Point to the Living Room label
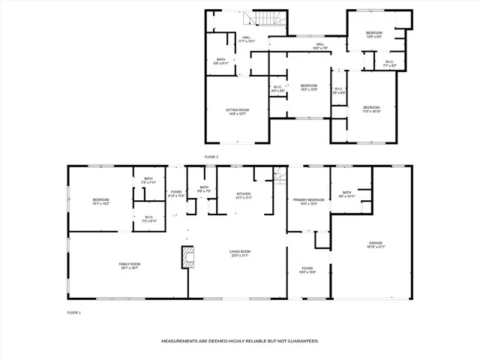[x=240, y=253]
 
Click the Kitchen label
[x=244, y=196]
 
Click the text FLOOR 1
[x=73, y=311]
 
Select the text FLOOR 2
[x=211, y=157]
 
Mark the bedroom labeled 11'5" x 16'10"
[x=372, y=109]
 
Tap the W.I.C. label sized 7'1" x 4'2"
[x=390, y=64]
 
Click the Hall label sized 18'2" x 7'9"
[x=319, y=46]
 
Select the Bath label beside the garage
[x=346, y=194]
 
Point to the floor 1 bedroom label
[x=101, y=201]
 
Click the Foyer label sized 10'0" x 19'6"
[x=307, y=270]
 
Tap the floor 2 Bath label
[x=221, y=61]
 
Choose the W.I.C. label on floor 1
[x=149, y=220]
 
